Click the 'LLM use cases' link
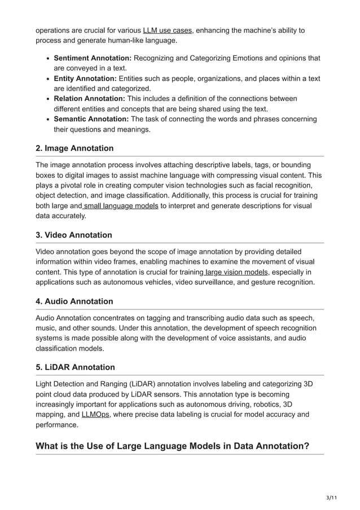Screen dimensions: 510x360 pyautogui.click(x=168, y=30)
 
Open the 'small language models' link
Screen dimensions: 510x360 pyautogui.click(x=121, y=206)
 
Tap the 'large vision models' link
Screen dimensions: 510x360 pyautogui.click(x=236, y=272)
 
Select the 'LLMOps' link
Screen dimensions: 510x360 pyautogui.click(x=95, y=415)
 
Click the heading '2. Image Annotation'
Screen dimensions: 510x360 pyautogui.click(x=74, y=149)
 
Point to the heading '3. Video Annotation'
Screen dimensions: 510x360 pyautogui.click(x=74, y=235)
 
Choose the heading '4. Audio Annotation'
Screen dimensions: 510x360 pyautogui.click(x=74, y=302)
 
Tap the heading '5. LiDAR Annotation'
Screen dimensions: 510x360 pyautogui.click(x=75, y=368)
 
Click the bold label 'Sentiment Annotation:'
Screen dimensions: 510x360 pyautogui.click(x=93, y=58)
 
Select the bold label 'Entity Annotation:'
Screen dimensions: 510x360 pyautogui.click(x=85, y=79)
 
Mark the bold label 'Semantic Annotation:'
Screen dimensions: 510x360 pyautogui.click(x=91, y=119)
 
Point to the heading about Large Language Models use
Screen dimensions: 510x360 pyautogui.click(x=172, y=446)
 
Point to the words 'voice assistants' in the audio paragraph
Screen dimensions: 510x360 pyautogui.click(x=242, y=338)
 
